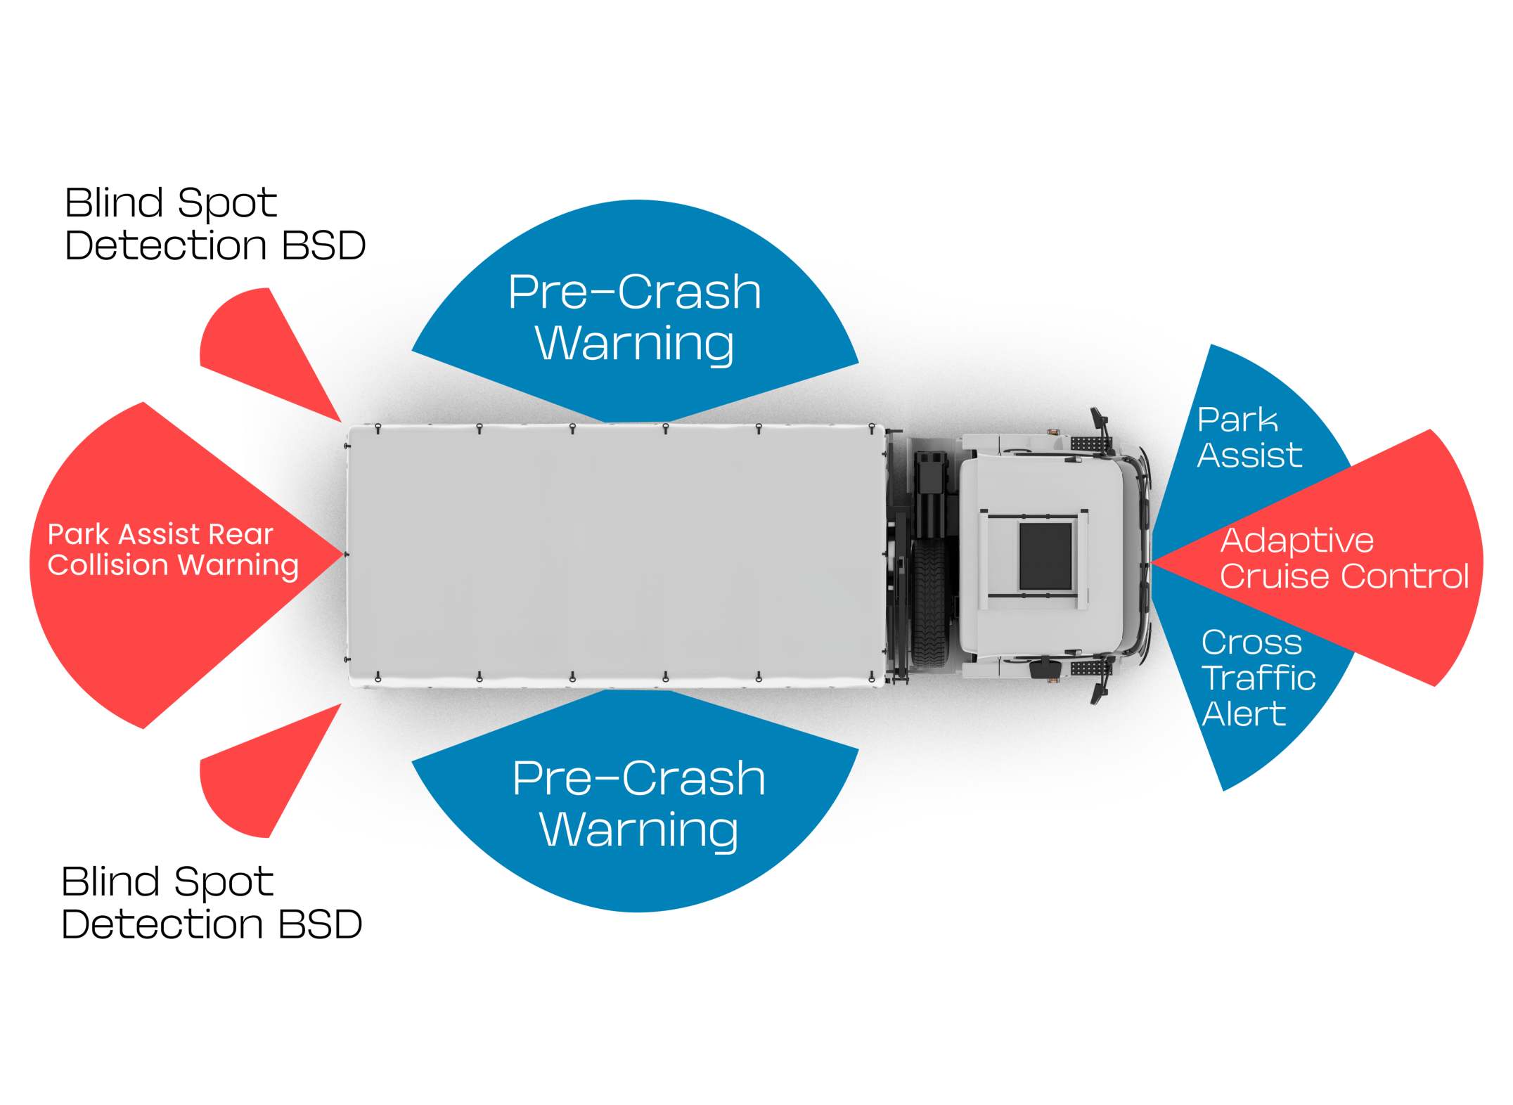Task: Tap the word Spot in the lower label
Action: point(223,883)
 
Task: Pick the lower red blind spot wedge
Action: point(260,773)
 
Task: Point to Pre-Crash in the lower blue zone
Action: point(638,779)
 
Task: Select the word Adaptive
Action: point(1296,541)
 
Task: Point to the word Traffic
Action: point(1258,678)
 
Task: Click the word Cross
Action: point(1251,642)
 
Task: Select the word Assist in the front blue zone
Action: point(1249,455)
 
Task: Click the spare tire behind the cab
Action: point(931,605)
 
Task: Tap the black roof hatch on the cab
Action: point(1045,556)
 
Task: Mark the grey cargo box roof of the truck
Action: point(615,555)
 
